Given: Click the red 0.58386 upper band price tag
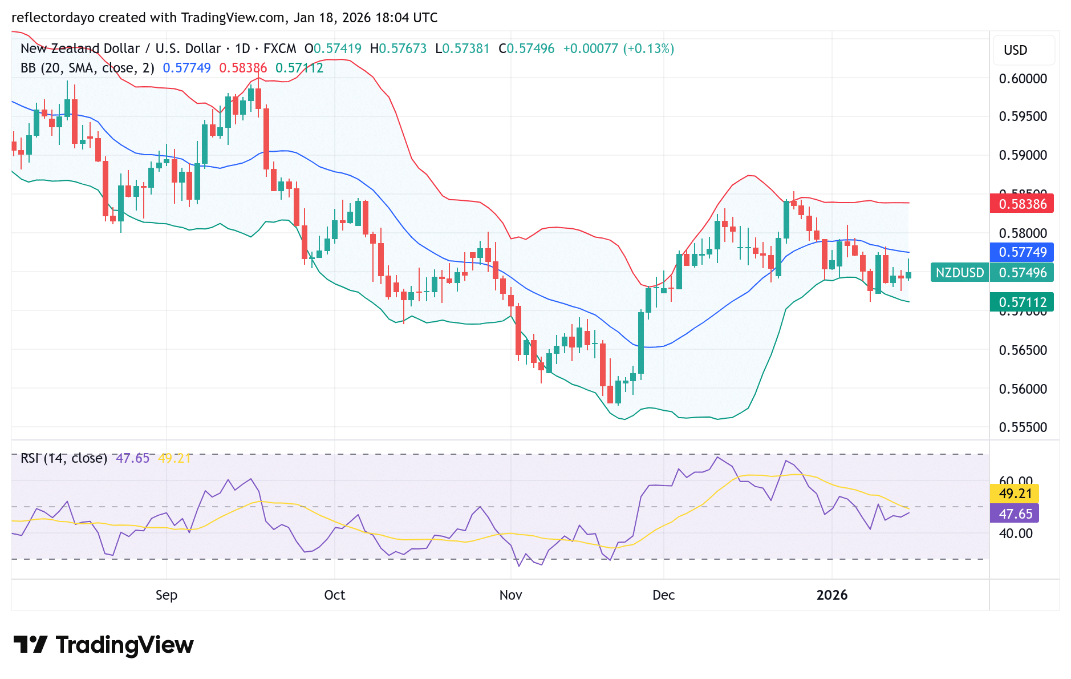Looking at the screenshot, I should click(x=1021, y=204).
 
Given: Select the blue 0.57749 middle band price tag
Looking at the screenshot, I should click(x=1021, y=252).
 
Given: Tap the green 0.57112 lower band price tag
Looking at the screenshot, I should click(x=1021, y=302).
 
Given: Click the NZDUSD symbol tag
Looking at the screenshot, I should click(x=959, y=273).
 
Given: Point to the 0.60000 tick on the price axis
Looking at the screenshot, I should click(x=1023, y=79).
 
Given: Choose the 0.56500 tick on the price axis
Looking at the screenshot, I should click(x=1023, y=350).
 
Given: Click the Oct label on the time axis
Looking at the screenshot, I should click(x=334, y=595).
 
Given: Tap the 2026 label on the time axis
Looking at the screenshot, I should click(x=831, y=595).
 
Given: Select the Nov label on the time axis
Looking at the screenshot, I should click(x=510, y=595).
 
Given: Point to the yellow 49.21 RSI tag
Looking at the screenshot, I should click(x=1015, y=494).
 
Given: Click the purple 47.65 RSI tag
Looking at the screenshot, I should click(x=1015, y=514).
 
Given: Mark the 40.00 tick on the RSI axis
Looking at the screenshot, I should click(x=1015, y=533).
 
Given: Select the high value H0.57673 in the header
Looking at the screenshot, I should click(x=398, y=48).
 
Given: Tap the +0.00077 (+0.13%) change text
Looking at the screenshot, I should click(x=618, y=48).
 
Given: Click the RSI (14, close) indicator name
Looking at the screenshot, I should click(x=64, y=458).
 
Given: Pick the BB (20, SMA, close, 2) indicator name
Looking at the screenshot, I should click(x=87, y=68).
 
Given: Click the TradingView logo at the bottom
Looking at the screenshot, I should click(x=103, y=645).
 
